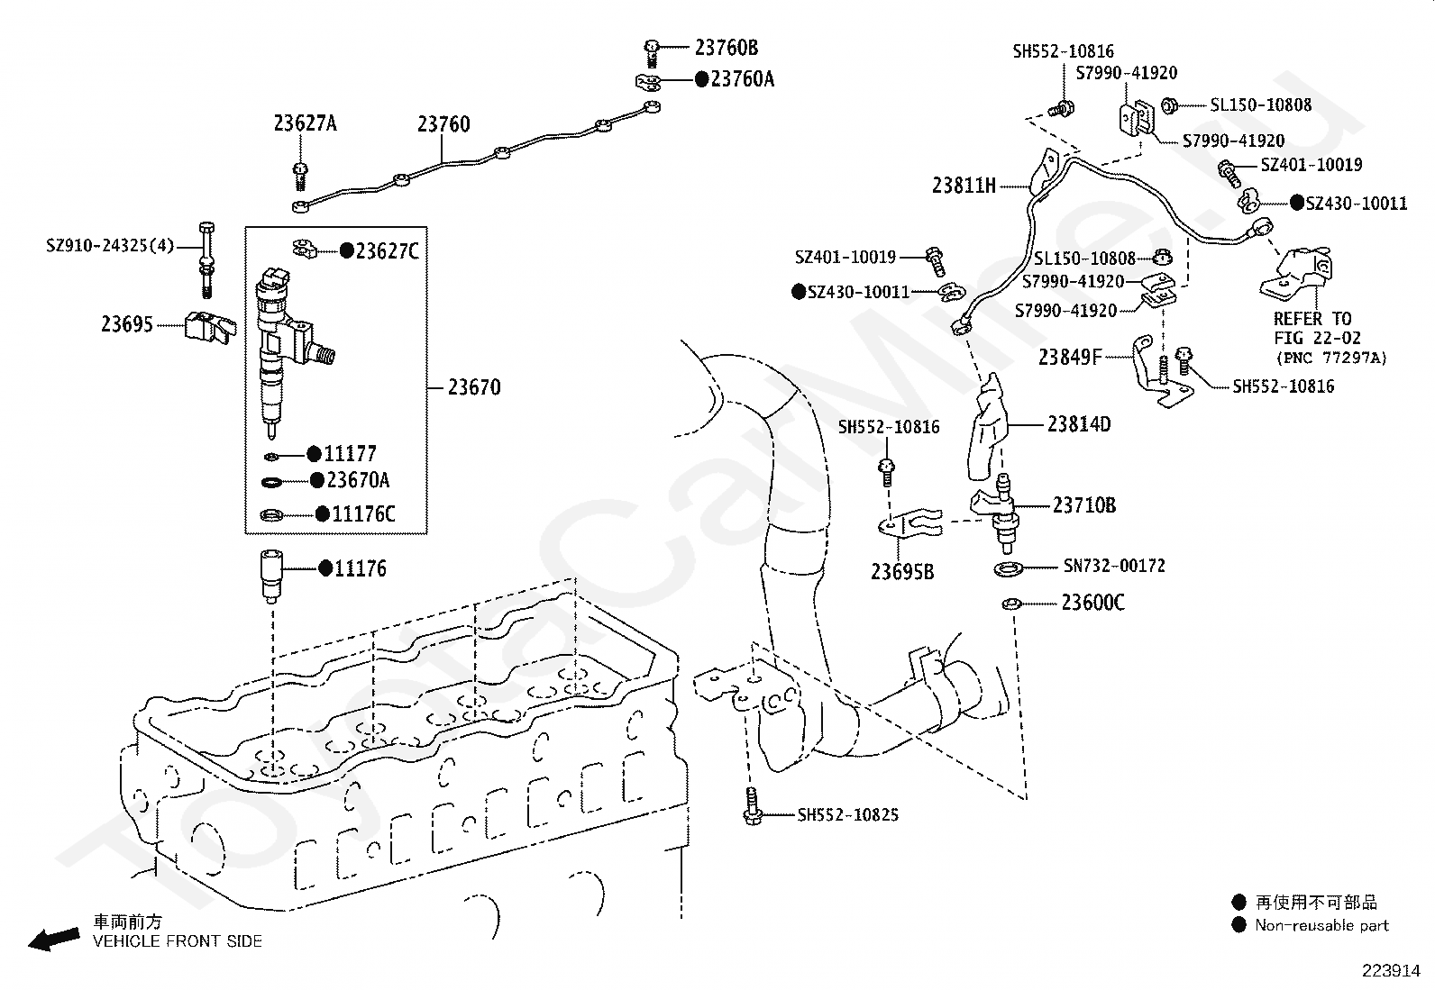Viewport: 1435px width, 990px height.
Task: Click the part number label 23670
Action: [x=474, y=387]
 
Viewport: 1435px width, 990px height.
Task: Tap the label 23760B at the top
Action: [x=727, y=48]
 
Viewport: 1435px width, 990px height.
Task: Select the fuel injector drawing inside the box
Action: [x=288, y=352]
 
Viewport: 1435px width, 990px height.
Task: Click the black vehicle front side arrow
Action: [x=54, y=939]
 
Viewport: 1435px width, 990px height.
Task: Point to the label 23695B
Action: [x=902, y=572]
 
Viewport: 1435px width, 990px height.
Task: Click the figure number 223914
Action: [x=1391, y=971]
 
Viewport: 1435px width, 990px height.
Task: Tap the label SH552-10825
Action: [x=847, y=815]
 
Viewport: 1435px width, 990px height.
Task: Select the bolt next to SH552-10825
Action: [x=752, y=805]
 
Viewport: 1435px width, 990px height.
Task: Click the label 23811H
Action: [x=964, y=186]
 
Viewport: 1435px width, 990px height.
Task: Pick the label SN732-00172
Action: [x=1114, y=566]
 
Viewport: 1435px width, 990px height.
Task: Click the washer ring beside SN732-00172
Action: [x=1009, y=568]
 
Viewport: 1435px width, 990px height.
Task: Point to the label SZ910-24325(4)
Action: [x=110, y=246]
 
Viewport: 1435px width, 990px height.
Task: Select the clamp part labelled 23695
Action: [x=210, y=327]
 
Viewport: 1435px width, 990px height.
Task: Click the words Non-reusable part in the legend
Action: [x=1321, y=925]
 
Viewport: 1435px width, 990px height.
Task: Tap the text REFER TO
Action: [x=1312, y=319]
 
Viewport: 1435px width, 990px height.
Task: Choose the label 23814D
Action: [x=1079, y=424]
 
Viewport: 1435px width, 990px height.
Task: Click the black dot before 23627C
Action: [x=346, y=251]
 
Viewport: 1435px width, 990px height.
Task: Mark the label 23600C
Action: [x=1092, y=604]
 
